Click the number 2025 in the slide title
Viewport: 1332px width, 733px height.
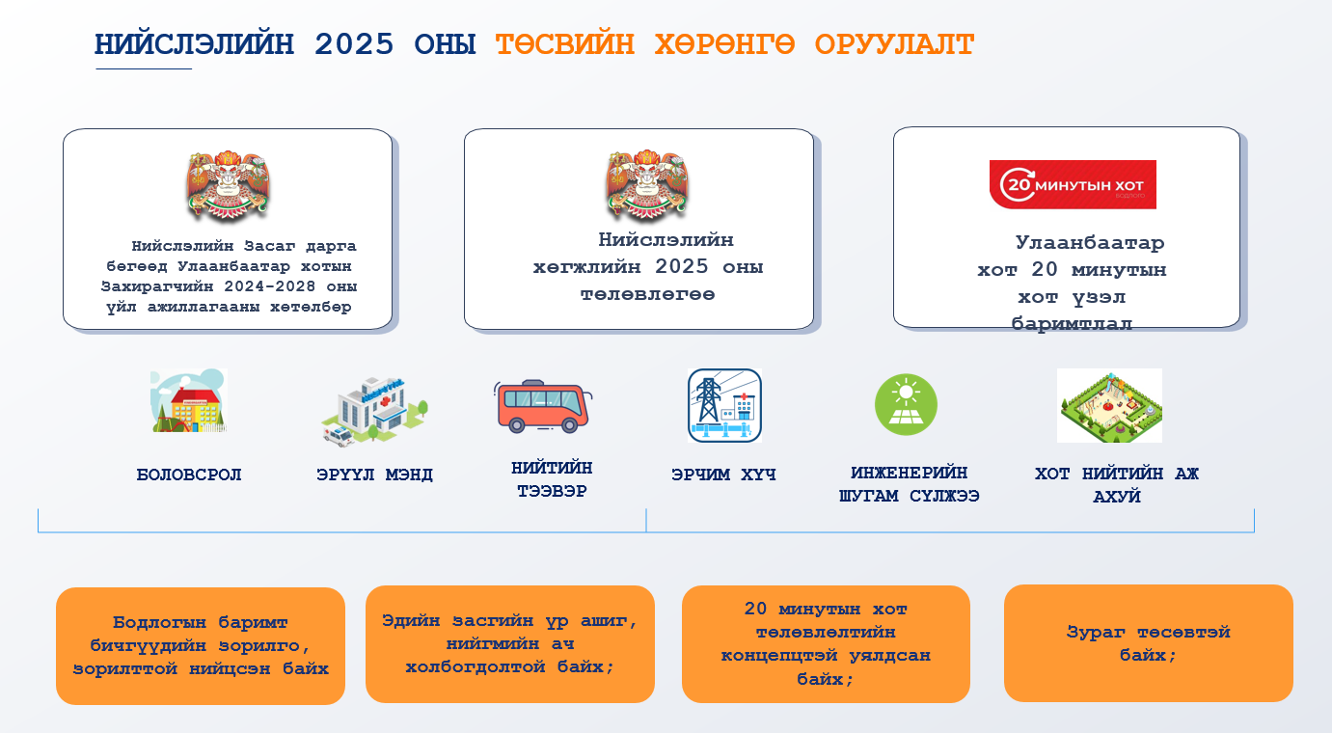point(354,44)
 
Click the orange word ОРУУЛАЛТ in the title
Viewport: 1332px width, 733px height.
point(894,44)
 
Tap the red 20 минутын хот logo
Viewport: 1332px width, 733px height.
point(1073,184)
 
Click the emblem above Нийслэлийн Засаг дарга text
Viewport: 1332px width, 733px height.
point(228,185)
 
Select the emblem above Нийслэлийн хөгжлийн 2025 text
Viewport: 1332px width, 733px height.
point(647,185)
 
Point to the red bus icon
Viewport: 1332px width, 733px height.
point(544,406)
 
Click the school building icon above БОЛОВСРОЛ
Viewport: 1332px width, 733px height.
point(188,401)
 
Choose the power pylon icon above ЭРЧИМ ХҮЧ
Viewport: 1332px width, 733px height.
point(724,405)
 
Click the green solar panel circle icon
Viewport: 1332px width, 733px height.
point(906,404)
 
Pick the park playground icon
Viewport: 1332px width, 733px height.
point(1109,405)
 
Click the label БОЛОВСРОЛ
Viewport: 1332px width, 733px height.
point(189,475)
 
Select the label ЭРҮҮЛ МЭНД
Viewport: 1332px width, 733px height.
point(374,475)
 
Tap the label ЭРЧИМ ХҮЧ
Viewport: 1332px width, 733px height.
point(723,475)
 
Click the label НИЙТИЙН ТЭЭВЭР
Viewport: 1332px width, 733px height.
point(552,479)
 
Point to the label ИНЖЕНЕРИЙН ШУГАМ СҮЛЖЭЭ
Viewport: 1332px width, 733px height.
point(909,484)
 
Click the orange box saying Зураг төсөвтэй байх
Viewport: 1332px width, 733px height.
point(1148,643)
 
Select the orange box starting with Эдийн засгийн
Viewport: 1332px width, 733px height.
point(509,643)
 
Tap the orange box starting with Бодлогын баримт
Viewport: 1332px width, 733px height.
point(201,645)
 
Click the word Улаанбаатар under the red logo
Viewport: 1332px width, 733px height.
point(1089,243)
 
